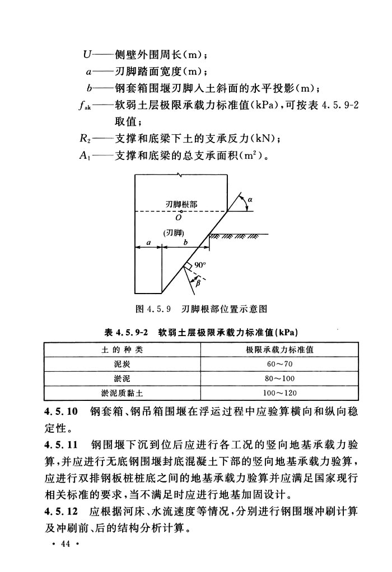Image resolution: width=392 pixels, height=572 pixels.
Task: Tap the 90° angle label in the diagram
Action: pyautogui.click(x=200, y=266)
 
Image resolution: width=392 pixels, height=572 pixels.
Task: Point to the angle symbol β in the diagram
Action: pyautogui.click(x=197, y=284)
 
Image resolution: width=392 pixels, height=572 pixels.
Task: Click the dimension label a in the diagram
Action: pyautogui.click(x=148, y=243)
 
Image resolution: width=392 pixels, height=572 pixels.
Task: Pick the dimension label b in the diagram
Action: pyautogui.click(x=185, y=243)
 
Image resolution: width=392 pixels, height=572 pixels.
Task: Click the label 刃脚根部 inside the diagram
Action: pyautogui.click(x=180, y=205)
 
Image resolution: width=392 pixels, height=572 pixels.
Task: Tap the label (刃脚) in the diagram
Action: pyautogui.click(x=174, y=232)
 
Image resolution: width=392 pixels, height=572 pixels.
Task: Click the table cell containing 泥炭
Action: pyautogui.click(x=122, y=364)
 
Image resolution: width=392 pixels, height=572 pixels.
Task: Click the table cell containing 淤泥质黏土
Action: pyautogui.click(x=122, y=393)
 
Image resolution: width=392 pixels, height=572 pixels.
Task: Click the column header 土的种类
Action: pyautogui.click(x=122, y=349)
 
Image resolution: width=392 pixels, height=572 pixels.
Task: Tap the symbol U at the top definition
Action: pyautogui.click(x=87, y=55)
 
